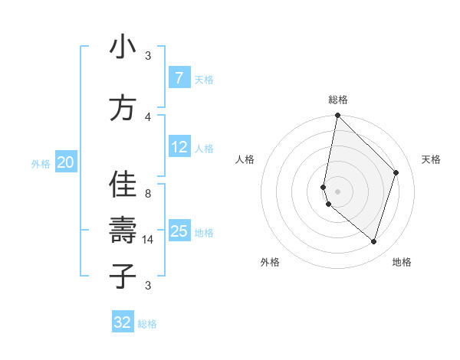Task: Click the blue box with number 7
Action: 179,78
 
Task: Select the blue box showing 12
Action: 179,148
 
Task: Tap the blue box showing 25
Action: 179,231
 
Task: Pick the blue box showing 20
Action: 66,162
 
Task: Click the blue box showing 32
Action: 123,322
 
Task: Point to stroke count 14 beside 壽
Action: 148,240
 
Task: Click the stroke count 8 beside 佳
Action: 148,194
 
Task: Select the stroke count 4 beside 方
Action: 148,116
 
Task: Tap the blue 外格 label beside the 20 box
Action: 41,163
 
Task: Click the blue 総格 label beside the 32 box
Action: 147,324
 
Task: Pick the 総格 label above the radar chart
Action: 338,100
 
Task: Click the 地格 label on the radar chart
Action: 402,262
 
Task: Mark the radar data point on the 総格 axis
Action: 337,116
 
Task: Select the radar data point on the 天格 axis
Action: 396,172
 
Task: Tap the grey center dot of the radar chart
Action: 337,191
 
